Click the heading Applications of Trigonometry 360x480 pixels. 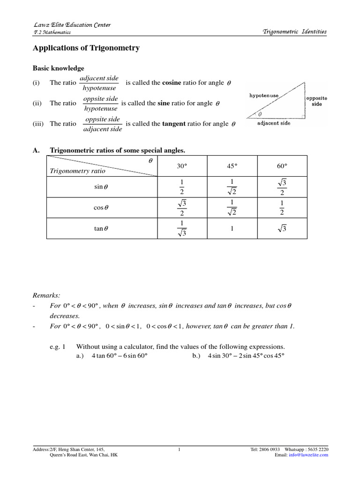[85, 48]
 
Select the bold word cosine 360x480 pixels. [174, 83]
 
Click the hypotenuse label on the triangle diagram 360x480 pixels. [264, 95]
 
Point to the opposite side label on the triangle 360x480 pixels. [316, 101]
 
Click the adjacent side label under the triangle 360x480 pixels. [274, 123]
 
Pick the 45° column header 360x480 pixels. [231, 166]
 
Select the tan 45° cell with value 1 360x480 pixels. [231, 229]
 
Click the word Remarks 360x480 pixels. [46, 295]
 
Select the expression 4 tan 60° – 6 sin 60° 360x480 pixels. [120, 356]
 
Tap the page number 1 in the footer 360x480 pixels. [180, 450]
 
